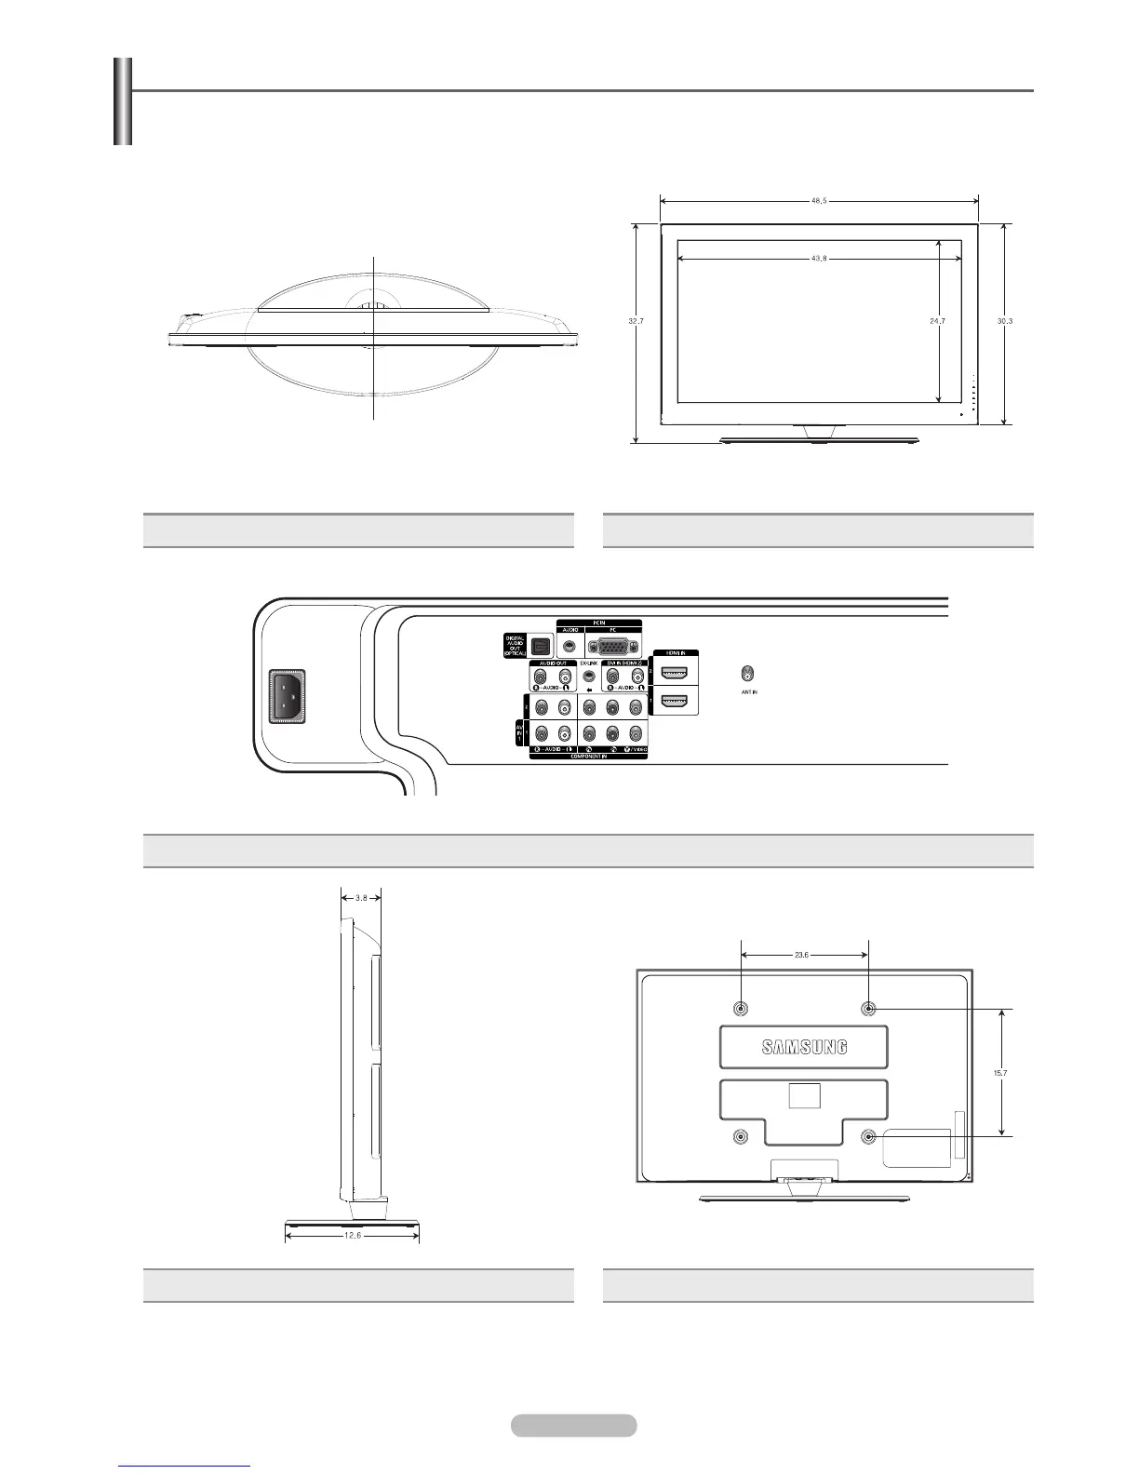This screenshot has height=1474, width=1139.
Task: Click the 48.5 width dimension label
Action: (x=819, y=200)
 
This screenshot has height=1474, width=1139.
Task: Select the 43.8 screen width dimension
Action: (x=819, y=259)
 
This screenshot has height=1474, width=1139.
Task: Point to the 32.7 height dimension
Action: (x=636, y=320)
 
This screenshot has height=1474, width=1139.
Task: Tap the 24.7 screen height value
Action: (x=937, y=320)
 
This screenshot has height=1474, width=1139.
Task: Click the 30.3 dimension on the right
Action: (x=1004, y=320)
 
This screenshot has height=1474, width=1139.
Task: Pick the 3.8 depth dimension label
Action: (x=362, y=898)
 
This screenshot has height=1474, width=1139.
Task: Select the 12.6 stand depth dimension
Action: (x=352, y=1236)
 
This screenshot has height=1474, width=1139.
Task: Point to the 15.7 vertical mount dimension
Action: (x=1001, y=1072)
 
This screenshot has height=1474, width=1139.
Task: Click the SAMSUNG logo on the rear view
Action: (x=805, y=1047)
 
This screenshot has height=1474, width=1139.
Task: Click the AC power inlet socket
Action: (x=288, y=697)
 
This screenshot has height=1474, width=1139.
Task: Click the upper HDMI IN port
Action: (x=674, y=673)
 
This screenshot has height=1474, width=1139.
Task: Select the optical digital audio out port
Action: (x=541, y=644)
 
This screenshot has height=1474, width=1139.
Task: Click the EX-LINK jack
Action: (x=588, y=675)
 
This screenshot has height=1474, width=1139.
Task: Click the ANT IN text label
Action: (x=750, y=692)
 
